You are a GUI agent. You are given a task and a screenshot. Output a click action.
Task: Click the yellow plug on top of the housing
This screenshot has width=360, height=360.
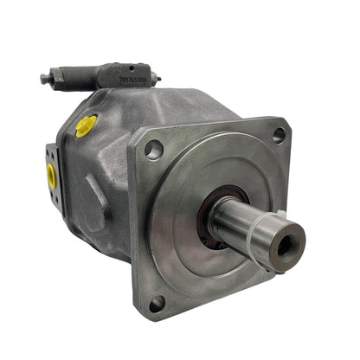point(86,126)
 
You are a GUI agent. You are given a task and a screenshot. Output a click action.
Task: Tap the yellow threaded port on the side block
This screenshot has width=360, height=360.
point(52,177)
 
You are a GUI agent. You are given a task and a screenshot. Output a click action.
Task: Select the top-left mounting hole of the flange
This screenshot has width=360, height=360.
point(153,151)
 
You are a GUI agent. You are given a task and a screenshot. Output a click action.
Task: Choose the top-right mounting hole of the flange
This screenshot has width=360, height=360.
point(279,134)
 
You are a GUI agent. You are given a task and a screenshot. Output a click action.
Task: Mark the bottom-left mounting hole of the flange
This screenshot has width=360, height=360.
point(157,304)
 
